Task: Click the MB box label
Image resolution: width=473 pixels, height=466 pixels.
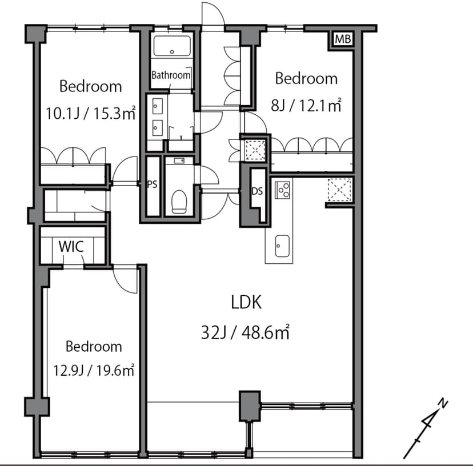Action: click(x=343, y=39)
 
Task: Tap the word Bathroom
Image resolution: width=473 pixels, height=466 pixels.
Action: click(x=171, y=75)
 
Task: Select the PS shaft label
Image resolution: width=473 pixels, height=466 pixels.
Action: click(x=153, y=184)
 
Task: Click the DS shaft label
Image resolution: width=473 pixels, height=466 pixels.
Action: click(x=257, y=191)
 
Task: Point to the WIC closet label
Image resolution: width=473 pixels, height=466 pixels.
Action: click(x=71, y=247)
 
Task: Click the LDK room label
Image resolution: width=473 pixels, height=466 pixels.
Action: click(x=246, y=302)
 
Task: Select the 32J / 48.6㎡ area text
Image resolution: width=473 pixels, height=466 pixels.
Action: click(x=245, y=333)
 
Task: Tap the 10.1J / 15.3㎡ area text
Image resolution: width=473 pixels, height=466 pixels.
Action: click(x=90, y=114)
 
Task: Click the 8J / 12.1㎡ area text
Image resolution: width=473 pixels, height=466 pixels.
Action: click(x=306, y=105)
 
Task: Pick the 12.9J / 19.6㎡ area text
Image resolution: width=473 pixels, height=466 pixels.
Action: click(x=94, y=370)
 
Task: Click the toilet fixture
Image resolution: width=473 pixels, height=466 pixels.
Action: click(x=179, y=202)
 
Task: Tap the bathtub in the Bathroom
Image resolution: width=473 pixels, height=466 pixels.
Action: click(x=172, y=46)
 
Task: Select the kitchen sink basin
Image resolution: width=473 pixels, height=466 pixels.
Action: click(x=282, y=246)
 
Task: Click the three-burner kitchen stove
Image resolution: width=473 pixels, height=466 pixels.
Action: click(x=282, y=190)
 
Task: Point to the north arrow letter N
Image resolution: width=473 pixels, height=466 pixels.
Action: click(x=443, y=403)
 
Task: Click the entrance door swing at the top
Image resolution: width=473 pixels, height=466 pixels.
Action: click(x=213, y=14)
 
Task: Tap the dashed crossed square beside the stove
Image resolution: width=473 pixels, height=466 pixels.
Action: click(x=340, y=190)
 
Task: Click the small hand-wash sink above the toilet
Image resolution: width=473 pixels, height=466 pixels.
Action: click(x=179, y=160)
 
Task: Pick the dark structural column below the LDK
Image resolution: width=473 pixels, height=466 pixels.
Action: click(x=250, y=406)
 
